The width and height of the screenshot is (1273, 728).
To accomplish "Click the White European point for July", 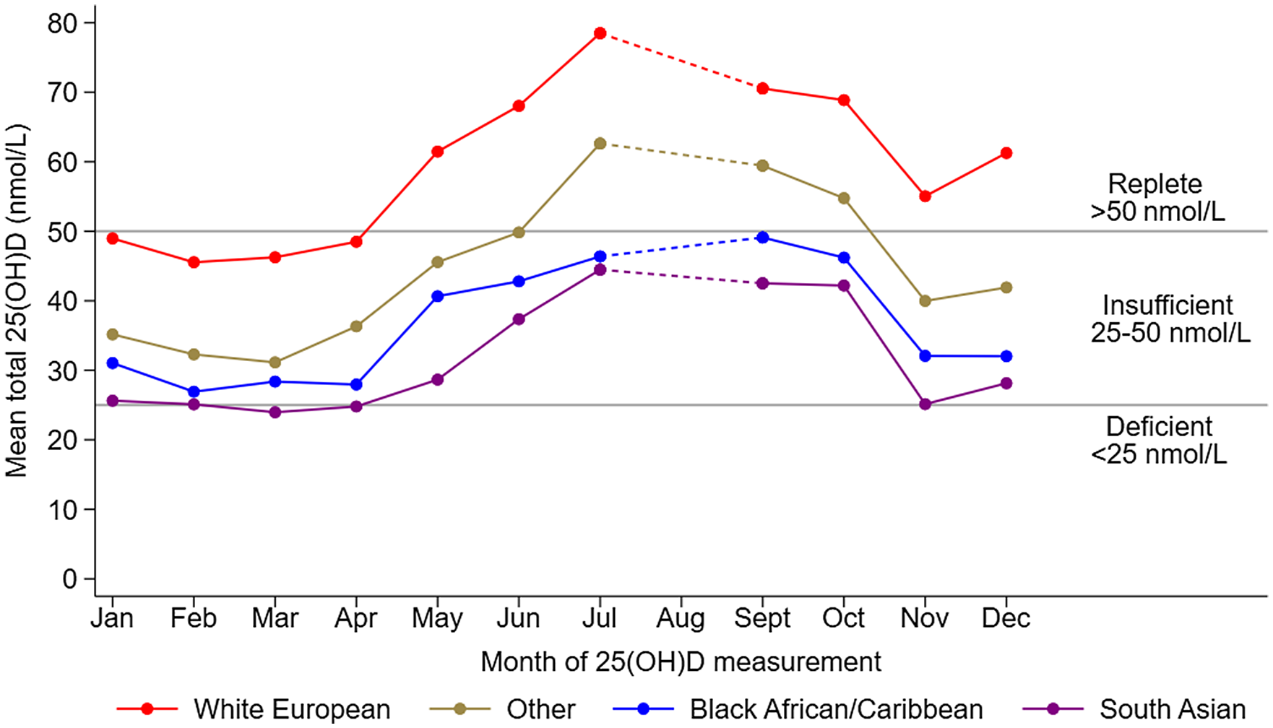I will pos(600,33).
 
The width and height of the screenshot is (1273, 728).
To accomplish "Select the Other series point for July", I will pos(600,144).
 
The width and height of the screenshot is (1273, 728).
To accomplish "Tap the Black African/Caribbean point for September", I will pos(762,238).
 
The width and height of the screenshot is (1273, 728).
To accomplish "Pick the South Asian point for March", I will pos(275,412).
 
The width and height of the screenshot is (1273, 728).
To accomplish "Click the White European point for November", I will pos(925,196).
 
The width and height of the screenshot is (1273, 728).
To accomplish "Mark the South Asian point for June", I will pos(519,319).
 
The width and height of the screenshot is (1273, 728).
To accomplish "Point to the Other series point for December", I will pos(1006,287).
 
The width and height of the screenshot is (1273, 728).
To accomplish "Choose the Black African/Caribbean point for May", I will pos(437,296).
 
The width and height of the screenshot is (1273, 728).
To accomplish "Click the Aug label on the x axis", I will pos(681,619).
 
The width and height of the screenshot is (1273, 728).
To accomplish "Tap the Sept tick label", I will pos(762,619).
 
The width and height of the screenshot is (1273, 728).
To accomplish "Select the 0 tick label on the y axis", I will pos(69,579).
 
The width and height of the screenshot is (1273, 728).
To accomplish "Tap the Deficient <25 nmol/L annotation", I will pos(1158,440).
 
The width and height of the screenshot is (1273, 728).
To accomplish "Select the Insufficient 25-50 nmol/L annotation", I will pos(1169,318).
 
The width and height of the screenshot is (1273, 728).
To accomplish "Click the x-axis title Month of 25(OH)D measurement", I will pos(681,662).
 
